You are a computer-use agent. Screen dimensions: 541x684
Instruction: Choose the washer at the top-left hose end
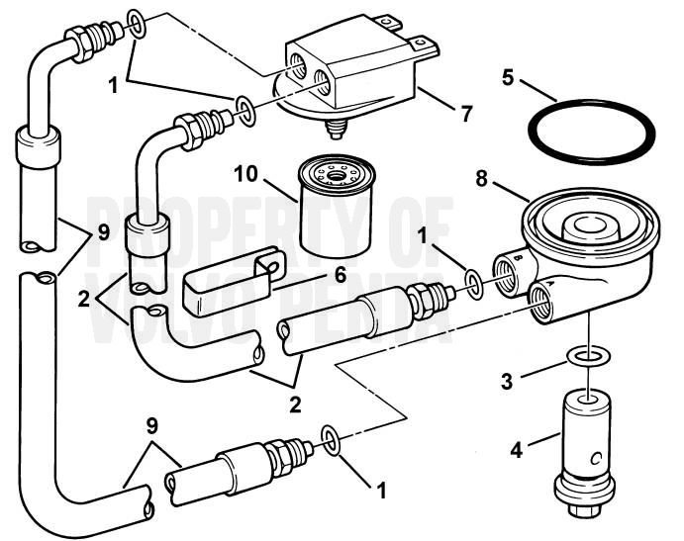[138, 24]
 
